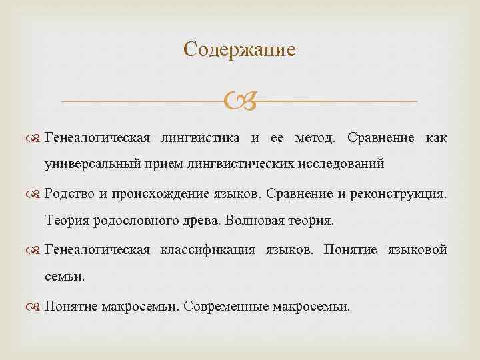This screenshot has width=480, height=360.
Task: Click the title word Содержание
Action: click(239, 50)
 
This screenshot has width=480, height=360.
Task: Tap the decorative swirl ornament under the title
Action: click(239, 101)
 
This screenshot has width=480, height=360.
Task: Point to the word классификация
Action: click(207, 250)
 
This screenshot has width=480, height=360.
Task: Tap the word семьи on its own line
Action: click(65, 275)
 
